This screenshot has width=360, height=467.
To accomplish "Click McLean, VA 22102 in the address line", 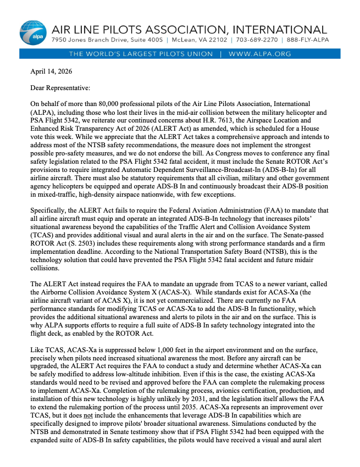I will click(x=198, y=41).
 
